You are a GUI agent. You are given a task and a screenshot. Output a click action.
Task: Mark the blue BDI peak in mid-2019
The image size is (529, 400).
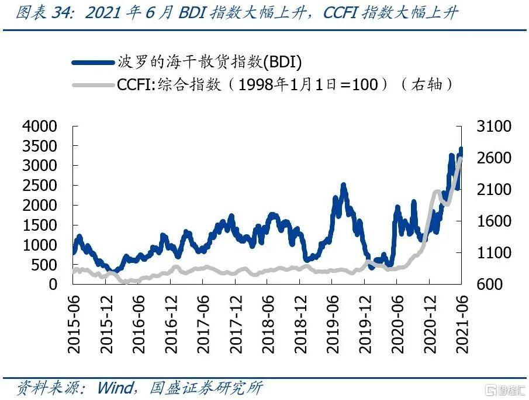pos(343,186)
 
